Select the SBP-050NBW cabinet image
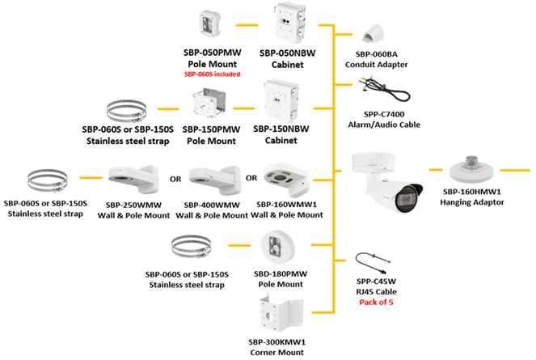click(292, 25)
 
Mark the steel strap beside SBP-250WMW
click(47, 179)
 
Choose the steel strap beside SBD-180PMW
click(195, 244)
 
